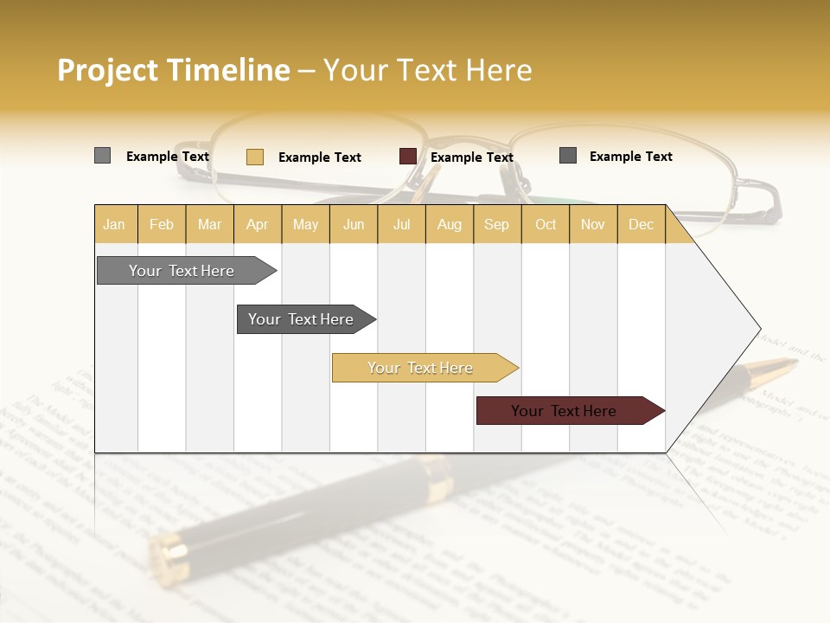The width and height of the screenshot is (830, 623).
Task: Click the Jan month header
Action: click(x=114, y=225)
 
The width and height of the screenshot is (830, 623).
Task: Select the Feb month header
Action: click(x=162, y=225)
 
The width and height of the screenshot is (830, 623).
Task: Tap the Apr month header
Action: click(x=257, y=225)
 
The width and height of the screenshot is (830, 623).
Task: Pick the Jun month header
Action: click(x=354, y=225)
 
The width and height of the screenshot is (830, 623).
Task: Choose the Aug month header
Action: click(x=449, y=225)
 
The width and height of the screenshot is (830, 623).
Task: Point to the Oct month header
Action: click(x=546, y=225)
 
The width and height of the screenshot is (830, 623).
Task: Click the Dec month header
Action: click(x=641, y=225)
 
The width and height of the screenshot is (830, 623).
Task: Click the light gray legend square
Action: click(x=102, y=156)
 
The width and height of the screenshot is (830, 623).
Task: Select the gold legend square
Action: click(x=254, y=157)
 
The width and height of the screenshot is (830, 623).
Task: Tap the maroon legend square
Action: click(x=407, y=157)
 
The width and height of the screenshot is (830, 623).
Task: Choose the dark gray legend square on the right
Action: click(x=567, y=156)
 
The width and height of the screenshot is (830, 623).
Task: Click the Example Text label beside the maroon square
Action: click(x=471, y=157)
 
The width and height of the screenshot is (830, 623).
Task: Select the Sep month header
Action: click(x=496, y=225)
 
